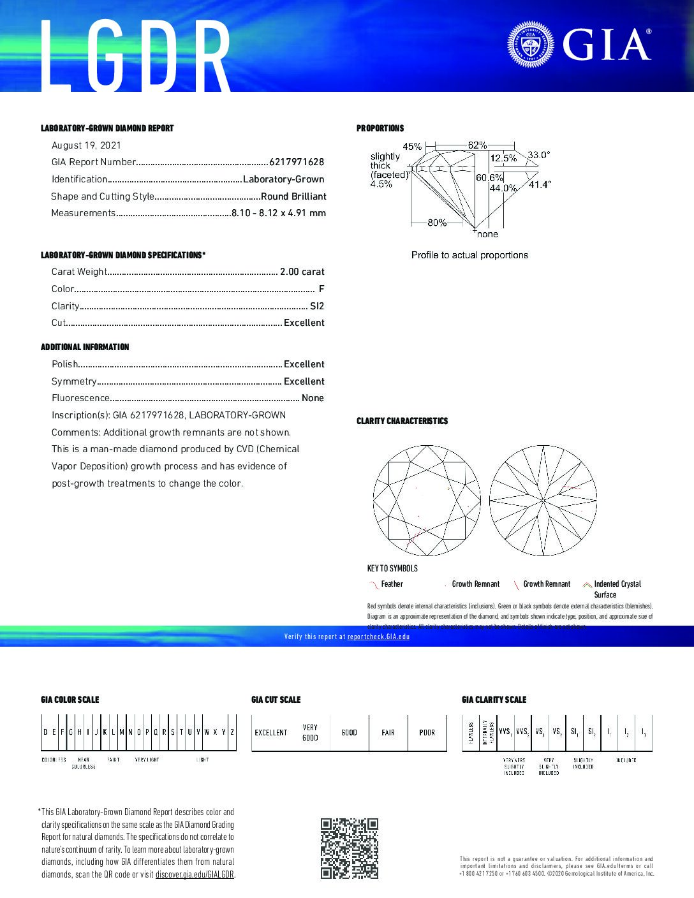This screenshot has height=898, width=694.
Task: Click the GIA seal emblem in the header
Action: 531,45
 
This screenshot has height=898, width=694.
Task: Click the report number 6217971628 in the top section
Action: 297,163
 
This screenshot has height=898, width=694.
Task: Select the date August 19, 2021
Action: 86,145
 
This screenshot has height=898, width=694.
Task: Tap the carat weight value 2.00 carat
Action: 302,272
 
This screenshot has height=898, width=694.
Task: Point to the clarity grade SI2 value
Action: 317,306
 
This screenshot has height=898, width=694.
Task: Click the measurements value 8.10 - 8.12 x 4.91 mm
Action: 278,213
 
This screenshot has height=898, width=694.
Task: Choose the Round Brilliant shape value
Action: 293,196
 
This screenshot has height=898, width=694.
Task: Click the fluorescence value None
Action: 313,398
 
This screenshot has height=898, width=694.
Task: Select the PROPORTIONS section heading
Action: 380,128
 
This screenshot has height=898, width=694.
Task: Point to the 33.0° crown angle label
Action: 538,155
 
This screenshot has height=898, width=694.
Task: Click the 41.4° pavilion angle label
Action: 540,185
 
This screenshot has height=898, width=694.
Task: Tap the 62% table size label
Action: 477,145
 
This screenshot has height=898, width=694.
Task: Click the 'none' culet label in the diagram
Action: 487,234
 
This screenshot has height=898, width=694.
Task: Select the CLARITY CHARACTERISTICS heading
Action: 402,421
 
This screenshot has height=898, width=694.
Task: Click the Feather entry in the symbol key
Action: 392,584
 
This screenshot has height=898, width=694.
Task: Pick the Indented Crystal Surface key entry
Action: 617,584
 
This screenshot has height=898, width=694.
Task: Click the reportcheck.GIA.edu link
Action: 378,637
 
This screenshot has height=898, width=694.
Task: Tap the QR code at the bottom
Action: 349,848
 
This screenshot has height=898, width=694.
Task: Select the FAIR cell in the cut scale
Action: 388,733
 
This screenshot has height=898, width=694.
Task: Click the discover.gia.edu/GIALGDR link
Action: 195,874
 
